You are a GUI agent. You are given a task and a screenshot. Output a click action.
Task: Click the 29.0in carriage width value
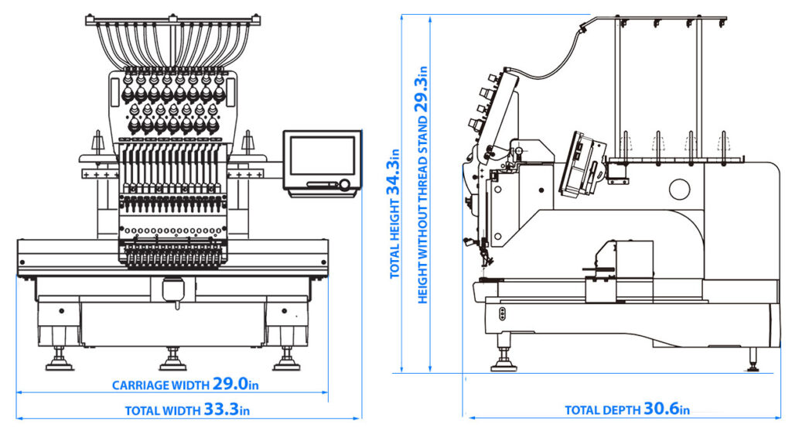point(236,384)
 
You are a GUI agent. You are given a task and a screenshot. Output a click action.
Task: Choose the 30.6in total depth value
point(667,409)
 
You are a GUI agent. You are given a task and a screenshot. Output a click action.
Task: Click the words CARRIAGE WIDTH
point(160,385)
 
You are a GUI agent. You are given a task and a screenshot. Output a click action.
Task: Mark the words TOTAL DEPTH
point(602,410)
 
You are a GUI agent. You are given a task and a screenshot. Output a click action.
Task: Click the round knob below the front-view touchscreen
point(343,184)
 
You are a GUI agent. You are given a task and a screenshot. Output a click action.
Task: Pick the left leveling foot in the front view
point(59,360)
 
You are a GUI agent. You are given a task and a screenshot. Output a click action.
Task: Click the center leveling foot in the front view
point(172,360)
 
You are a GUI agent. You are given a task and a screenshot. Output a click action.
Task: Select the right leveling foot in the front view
point(287,360)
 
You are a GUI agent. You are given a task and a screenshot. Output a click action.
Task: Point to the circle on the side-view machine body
point(680,188)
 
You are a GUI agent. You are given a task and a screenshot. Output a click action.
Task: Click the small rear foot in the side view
point(753,361)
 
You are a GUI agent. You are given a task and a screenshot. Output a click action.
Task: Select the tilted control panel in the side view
point(584,165)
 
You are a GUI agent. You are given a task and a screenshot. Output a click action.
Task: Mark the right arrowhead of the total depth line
point(776,418)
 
